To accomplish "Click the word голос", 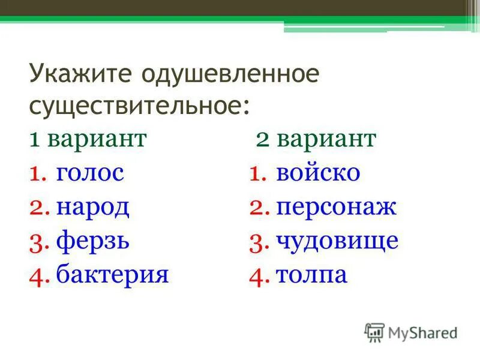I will coord(90,173).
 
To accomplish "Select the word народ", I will coord(93,208).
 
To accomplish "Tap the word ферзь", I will coord(93,242).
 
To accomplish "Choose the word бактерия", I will coord(112,275).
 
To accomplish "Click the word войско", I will coord(318,173).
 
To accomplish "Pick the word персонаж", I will coord(337,208).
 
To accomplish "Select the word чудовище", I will coord(337,242).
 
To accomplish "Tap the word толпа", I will coord(312,275).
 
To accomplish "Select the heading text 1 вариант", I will coord(88,139).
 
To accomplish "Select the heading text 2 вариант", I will coord(316,139).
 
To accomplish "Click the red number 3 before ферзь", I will coord(37,242).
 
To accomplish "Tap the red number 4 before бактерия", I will coord(37,275).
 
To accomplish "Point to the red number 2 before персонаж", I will coord(259,208).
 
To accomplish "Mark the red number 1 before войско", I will coord(258,174).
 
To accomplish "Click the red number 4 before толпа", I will coord(259,276).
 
